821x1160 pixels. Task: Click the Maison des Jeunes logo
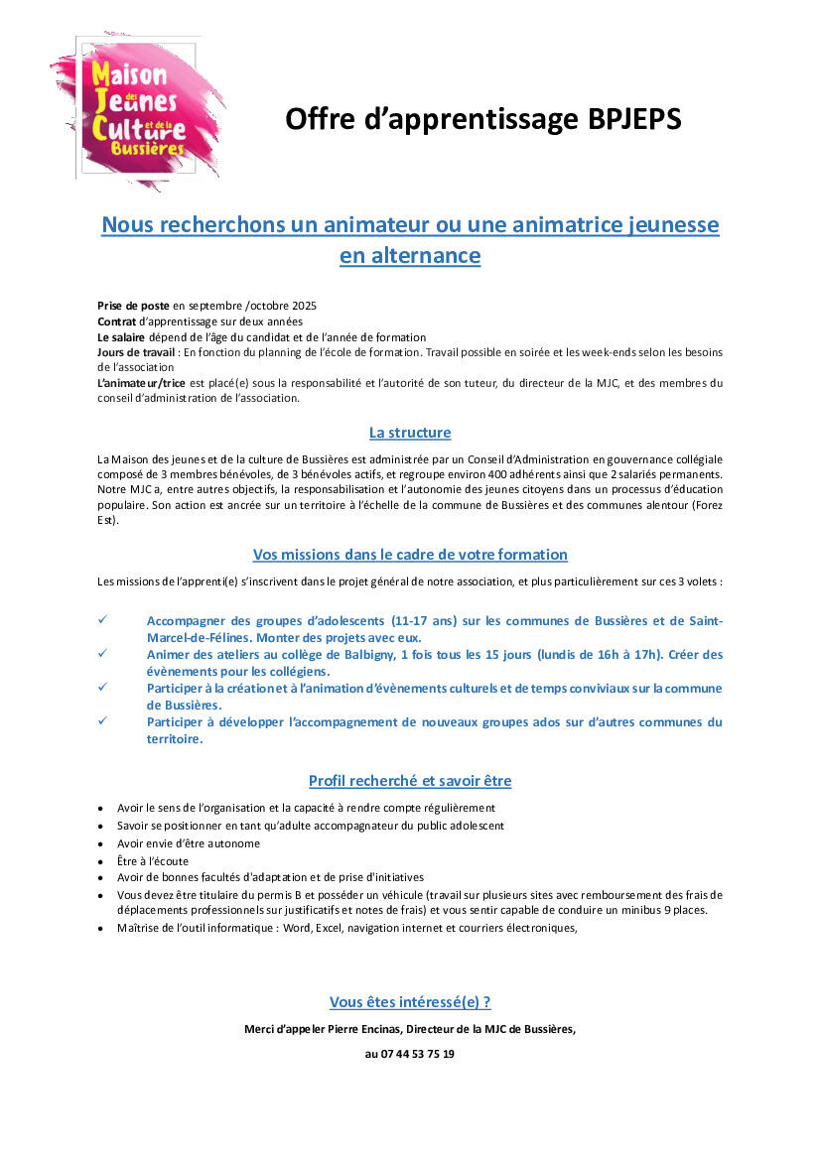pyautogui.click(x=137, y=111)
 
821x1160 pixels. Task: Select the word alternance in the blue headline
pyautogui.click(x=410, y=256)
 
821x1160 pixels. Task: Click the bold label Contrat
pyautogui.click(x=117, y=321)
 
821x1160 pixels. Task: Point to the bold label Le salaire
pyautogui.click(x=121, y=336)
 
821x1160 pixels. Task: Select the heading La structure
pyautogui.click(x=410, y=433)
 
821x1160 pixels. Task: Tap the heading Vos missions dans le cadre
pyautogui.click(x=410, y=555)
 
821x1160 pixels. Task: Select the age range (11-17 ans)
pyautogui.click(x=424, y=621)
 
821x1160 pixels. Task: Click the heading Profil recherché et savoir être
pyautogui.click(x=410, y=781)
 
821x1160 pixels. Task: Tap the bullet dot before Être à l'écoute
pyautogui.click(x=101, y=861)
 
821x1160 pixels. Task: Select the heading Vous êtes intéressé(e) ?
pyautogui.click(x=410, y=1002)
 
